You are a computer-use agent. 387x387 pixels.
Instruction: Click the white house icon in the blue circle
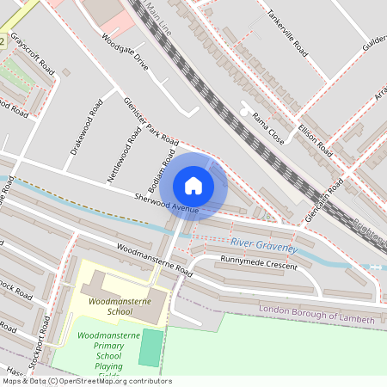click(x=193, y=185)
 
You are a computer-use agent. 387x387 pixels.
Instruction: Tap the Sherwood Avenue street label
click(x=167, y=203)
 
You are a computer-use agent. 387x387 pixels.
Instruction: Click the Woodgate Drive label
click(x=125, y=52)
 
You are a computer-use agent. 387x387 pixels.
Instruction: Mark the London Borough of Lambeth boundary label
click(x=317, y=314)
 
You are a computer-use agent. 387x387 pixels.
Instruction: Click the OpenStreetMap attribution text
click(x=86, y=381)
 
